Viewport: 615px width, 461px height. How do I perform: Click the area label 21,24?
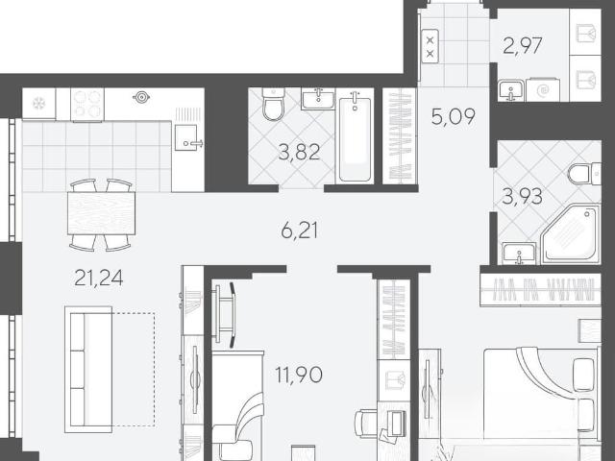coord(98,278)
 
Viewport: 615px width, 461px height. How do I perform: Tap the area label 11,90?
coord(299,375)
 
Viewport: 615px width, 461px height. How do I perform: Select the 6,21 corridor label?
coord(300,230)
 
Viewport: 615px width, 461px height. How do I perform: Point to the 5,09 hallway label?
coord(453,116)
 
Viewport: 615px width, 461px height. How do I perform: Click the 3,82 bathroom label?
coord(299,152)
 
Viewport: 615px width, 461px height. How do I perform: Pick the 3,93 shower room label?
coord(522,196)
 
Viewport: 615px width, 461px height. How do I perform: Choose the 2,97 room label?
coord(523,46)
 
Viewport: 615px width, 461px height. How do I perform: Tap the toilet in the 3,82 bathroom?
coord(273,105)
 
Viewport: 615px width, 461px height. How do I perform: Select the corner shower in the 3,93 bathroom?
coord(571,234)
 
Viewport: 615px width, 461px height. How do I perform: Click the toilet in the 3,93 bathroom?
coord(584,174)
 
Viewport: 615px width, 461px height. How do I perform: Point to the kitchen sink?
coord(187,137)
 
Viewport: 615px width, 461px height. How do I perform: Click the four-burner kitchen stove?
coord(87,104)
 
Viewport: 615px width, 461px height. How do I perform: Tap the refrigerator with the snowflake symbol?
coord(38,104)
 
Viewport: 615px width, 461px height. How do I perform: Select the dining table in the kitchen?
coord(101,213)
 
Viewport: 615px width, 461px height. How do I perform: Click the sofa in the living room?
coord(88,369)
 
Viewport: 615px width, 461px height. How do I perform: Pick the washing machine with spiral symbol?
coord(543,90)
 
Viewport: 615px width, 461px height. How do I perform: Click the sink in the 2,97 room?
coord(511,90)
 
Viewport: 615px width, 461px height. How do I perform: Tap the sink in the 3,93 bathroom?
coord(519,254)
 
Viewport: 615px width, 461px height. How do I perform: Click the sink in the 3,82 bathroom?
coord(318,98)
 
